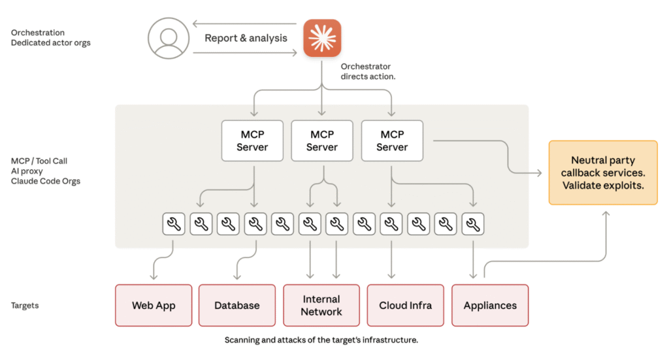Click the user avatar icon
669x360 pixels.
[x=168, y=38]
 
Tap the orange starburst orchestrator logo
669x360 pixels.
[x=322, y=38]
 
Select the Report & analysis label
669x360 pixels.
[x=246, y=38]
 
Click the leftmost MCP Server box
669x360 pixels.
[x=252, y=140]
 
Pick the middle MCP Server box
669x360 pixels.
[x=322, y=140]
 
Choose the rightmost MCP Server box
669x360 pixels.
[x=392, y=140]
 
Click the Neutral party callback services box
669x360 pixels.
[x=602, y=172]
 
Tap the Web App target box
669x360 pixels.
[x=154, y=305]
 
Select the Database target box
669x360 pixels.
[x=237, y=305]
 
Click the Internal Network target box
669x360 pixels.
[x=321, y=305]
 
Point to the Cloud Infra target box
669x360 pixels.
[x=406, y=305]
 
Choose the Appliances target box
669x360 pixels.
[x=490, y=305]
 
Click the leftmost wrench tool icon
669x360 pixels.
[x=174, y=225]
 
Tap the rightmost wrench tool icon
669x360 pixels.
[x=473, y=225]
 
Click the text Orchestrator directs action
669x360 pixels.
[x=368, y=71]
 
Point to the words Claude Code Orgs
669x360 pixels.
[x=45, y=181]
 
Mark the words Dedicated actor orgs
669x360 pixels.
[x=51, y=42]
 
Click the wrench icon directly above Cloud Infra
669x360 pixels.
[x=391, y=225]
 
